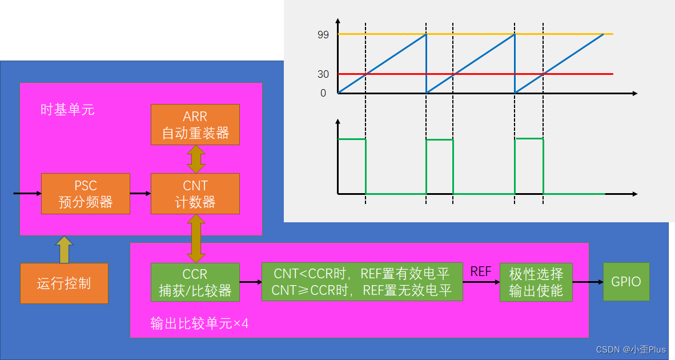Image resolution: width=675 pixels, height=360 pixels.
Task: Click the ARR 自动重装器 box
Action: [195, 124]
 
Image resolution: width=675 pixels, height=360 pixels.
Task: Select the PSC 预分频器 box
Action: [86, 194]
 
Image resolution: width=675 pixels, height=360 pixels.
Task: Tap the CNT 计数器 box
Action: [195, 194]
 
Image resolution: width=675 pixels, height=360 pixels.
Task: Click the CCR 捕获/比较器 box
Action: [195, 282]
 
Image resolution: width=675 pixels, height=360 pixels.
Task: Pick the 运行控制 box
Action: [64, 283]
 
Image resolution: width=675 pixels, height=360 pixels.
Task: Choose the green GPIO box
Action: [626, 282]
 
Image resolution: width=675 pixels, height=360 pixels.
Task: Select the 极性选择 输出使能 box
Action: [536, 282]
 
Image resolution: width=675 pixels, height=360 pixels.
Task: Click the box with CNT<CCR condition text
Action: [362, 282]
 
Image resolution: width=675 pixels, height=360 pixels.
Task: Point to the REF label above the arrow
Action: [481, 271]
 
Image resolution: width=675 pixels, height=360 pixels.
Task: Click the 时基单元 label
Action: [67, 110]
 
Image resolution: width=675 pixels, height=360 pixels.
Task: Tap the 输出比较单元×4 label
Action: [199, 323]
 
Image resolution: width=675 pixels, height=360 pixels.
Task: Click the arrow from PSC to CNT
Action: [140, 194]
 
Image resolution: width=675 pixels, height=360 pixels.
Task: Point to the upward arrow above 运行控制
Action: [65, 249]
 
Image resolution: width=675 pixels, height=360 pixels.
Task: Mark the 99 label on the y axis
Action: [323, 34]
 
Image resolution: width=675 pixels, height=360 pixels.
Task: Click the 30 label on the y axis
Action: [323, 74]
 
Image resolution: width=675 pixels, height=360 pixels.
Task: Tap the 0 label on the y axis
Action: [323, 93]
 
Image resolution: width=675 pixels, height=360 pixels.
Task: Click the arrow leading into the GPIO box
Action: [588, 282]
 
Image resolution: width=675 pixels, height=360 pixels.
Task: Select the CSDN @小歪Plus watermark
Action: [630, 350]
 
